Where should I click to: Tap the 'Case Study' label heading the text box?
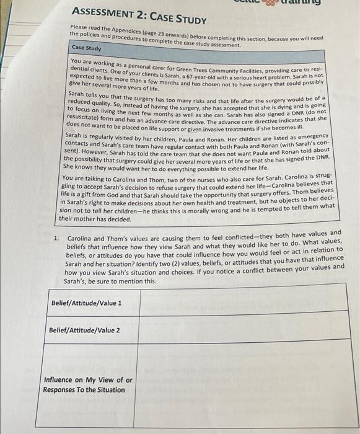[86, 48]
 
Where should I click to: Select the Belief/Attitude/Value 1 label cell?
[86, 303]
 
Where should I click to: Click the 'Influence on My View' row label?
[87, 384]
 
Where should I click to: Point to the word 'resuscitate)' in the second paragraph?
[84, 117]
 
